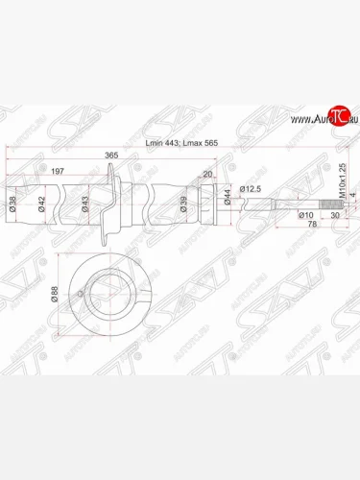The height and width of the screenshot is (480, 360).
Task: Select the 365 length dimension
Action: pyautogui.click(x=111, y=155)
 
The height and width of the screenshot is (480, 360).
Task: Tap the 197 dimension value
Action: pyautogui.click(x=58, y=170)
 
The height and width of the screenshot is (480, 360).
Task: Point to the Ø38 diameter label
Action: pyautogui.click(x=12, y=203)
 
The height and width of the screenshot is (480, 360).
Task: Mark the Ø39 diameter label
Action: pyautogui.click(x=181, y=203)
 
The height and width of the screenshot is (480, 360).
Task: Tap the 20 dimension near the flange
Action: pyautogui.click(x=206, y=175)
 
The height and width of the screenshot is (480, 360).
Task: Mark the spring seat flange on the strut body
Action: pyautogui.click(x=113, y=201)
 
